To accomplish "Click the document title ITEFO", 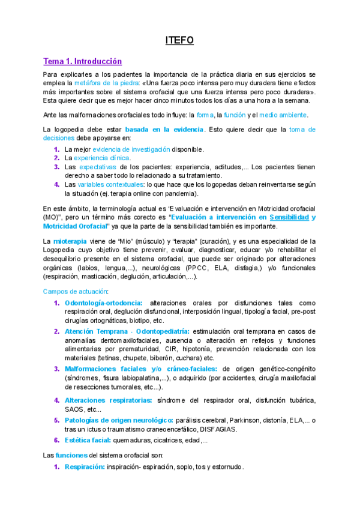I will [179, 40].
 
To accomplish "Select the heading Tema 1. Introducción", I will [82, 61].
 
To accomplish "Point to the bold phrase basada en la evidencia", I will [164, 129].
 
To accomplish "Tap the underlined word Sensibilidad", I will [290, 216].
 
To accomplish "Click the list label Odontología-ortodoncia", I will [103, 303].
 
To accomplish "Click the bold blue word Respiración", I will [85, 466].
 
